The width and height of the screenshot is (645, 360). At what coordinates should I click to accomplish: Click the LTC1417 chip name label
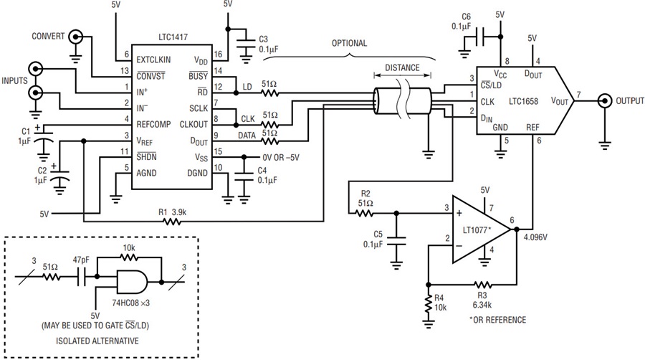[173, 37]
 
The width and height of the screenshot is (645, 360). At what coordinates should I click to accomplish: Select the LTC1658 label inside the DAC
[523, 101]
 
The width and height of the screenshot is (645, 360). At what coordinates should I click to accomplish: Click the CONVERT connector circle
[75, 37]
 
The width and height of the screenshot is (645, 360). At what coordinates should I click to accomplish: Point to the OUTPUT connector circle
[604, 101]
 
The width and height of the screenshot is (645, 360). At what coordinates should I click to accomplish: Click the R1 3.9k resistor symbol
[172, 222]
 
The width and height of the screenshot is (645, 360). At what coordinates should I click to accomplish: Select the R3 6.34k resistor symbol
[482, 284]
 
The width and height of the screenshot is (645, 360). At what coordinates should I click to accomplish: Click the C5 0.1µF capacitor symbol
[396, 241]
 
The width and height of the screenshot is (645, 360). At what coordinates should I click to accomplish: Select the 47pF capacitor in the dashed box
[82, 277]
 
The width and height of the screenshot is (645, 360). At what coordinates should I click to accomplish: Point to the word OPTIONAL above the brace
[349, 43]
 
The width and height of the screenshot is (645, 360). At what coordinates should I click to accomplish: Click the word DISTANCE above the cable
[402, 68]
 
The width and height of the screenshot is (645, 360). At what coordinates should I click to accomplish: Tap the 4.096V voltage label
[535, 238]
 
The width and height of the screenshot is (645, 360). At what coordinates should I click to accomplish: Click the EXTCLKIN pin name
[153, 60]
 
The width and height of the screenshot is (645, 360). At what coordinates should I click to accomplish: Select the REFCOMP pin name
[153, 124]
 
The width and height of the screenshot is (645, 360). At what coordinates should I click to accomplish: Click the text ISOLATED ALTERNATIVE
[97, 341]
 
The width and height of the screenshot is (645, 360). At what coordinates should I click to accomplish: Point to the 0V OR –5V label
[281, 158]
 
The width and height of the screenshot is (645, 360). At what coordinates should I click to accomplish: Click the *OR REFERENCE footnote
[498, 320]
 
